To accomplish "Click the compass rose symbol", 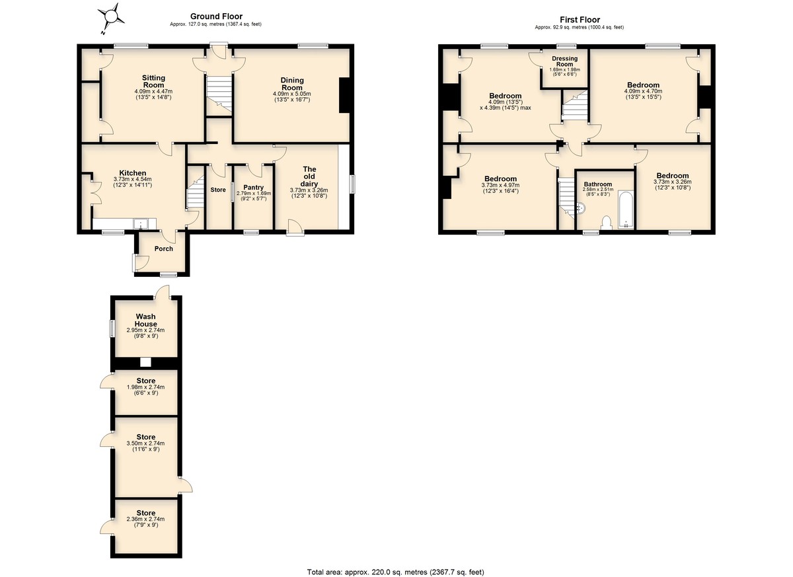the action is point(111,17).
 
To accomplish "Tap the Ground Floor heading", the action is point(216,17).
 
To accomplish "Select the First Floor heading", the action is point(580,20).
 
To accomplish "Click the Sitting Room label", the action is point(153,81).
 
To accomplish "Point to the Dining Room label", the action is point(292,84).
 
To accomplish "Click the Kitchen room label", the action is point(133,173).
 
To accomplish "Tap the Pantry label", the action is point(254,187).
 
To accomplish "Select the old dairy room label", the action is point(309,176).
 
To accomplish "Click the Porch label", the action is point(164,249).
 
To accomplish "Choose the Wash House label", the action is point(146,320).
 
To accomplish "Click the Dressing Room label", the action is point(564,61).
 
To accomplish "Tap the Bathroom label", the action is point(598,184).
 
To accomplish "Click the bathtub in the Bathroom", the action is point(626,210).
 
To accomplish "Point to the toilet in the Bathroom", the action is point(607,223).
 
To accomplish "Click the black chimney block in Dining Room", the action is point(344,95).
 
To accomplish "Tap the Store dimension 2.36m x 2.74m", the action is point(145,519).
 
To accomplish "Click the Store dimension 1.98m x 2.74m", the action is point(145,387).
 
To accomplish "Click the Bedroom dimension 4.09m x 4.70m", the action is point(643,91).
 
